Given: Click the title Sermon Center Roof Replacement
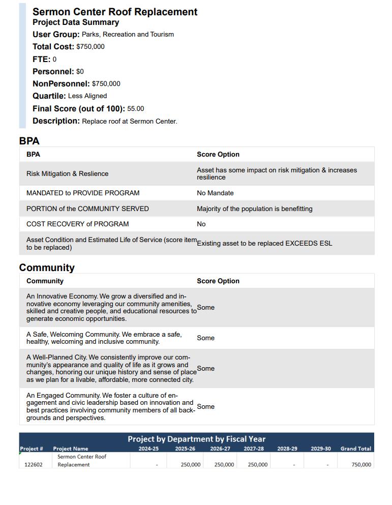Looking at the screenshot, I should click(x=115, y=12).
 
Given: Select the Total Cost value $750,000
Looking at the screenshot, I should click(x=91, y=47).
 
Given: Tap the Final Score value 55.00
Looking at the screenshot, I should click(x=136, y=109).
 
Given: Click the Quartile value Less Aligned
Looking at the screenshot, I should click(x=87, y=96).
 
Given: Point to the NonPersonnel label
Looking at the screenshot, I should click(x=61, y=84).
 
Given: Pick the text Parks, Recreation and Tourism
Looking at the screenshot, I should click(x=128, y=35).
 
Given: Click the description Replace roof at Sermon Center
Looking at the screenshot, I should click(x=130, y=122).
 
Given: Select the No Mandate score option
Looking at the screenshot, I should click(x=215, y=193).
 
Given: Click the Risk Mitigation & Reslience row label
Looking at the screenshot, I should click(x=67, y=174).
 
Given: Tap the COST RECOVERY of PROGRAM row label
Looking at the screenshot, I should click(x=77, y=224).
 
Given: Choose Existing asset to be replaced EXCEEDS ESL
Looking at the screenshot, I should click(x=264, y=244).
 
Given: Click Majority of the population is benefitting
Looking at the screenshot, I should click(x=254, y=209).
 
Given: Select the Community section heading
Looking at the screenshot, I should click(x=47, y=268).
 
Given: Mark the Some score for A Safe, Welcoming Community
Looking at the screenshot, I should click(x=205, y=338).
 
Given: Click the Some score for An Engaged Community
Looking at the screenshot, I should click(x=205, y=407).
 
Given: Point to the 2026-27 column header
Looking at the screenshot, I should click(x=220, y=449).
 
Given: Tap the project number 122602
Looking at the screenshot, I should click(x=34, y=465).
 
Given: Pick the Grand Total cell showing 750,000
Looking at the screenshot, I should click(x=361, y=465).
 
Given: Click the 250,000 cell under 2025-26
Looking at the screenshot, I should click(x=191, y=465).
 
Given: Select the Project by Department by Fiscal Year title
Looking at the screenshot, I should click(x=196, y=439).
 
